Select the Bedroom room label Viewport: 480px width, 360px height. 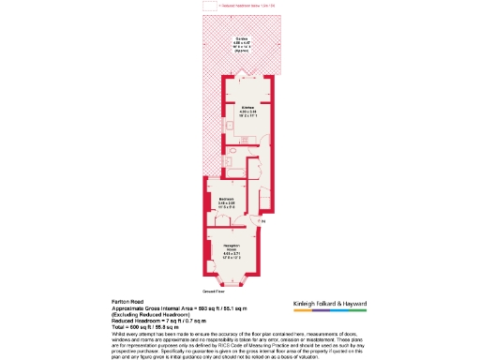point(226,199)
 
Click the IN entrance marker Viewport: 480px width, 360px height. point(264,221)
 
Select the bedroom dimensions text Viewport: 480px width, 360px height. point(226,205)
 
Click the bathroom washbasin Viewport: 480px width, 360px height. point(228,161)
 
